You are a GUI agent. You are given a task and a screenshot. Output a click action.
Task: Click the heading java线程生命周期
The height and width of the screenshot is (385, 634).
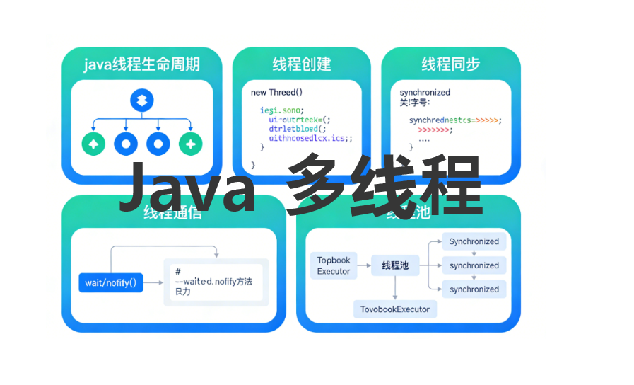click(x=141, y=64)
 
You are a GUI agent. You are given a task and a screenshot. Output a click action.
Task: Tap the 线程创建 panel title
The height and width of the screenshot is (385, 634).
click(x=302, y=64)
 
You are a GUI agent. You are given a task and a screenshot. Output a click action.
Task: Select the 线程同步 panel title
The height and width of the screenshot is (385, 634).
click(x=450, y=64)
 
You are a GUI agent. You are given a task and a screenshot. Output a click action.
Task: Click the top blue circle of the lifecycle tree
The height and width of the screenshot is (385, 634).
click(x=142, y=100)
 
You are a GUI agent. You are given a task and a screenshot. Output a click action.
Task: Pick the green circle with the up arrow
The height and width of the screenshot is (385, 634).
click(x=93, y=144)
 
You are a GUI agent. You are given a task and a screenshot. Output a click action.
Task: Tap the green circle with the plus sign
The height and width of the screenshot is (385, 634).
click(x=191, y=144)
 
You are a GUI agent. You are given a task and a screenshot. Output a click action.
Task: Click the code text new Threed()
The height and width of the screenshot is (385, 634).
click(x=276, y=92)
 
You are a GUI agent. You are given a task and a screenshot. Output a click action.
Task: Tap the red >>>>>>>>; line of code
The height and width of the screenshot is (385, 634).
click(x=435, y=130)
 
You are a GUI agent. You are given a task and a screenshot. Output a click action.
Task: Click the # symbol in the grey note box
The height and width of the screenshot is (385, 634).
click(x=178, y=272)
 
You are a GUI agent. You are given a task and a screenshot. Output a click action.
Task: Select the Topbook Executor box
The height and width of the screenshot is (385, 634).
click(x=334, y=266)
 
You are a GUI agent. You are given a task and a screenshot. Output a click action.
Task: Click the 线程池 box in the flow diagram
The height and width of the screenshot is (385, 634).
click(x=395, y=265)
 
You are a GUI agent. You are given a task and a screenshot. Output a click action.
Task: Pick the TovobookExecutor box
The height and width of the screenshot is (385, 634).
click(x=395, y=309)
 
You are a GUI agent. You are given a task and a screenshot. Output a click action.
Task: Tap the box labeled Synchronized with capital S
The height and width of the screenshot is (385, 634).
click(x=474, y=241)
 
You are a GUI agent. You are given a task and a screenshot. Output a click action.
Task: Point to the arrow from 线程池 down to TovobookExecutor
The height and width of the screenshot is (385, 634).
click(x=395, y=287)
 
